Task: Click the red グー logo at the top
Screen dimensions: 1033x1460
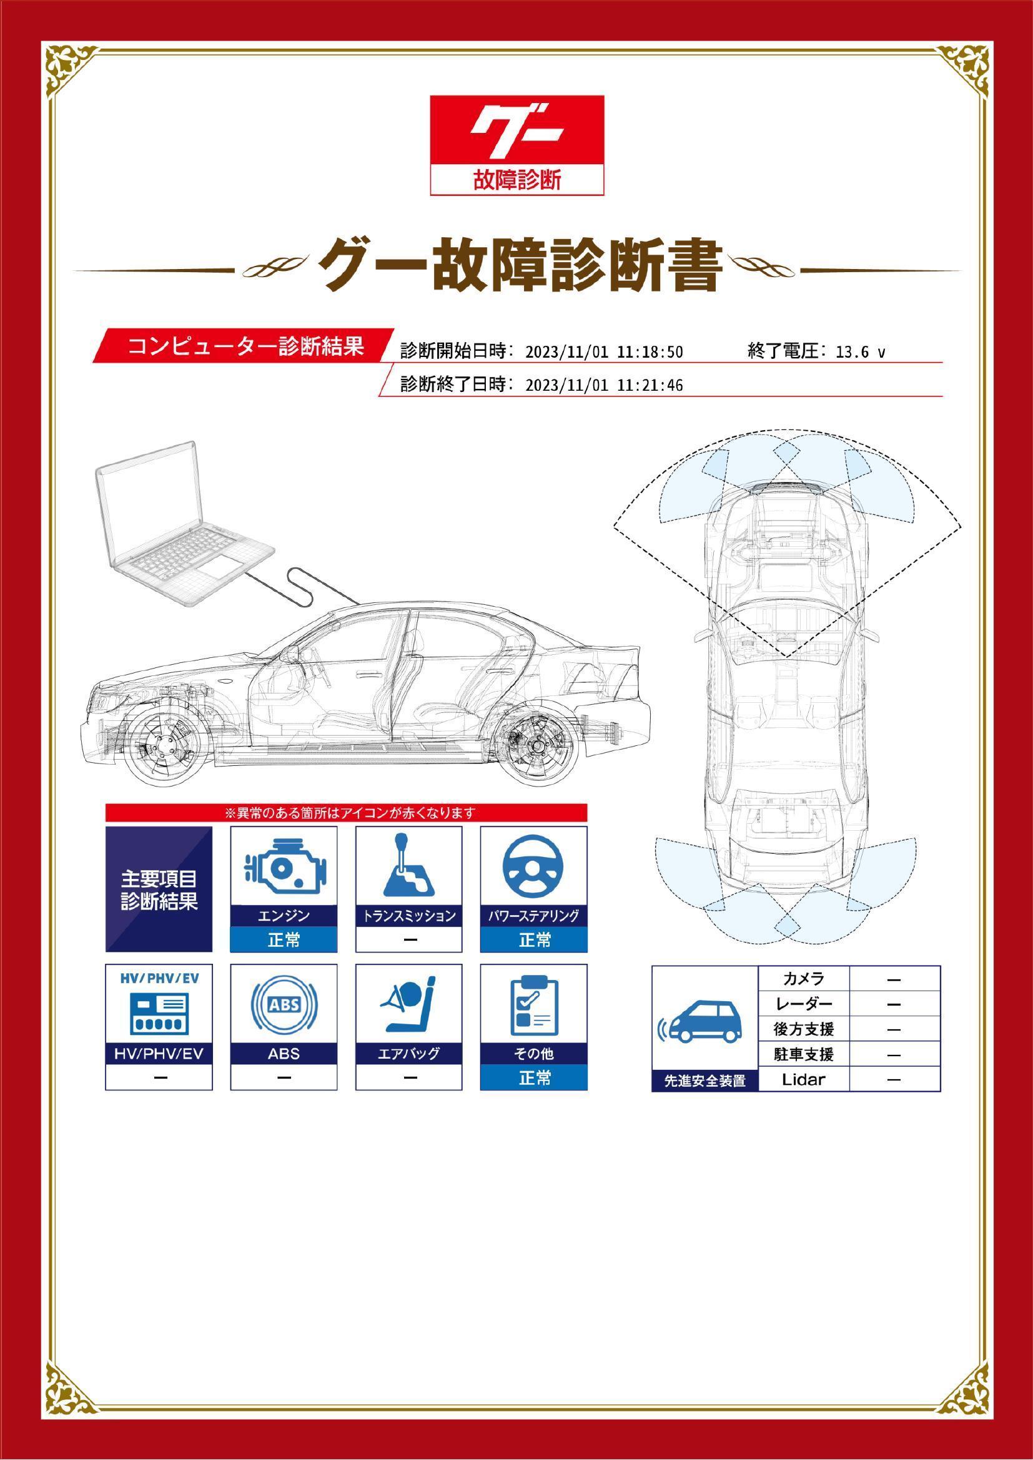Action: (x=516, y=145)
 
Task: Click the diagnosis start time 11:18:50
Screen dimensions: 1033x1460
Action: (x=650, y=352)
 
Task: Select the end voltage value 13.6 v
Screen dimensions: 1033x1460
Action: (x=860, y=352)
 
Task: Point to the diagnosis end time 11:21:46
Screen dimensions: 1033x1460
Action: (x=650, y=385)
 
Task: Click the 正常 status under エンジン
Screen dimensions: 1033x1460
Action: (x=284, y=939)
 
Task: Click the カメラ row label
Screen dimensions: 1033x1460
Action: (x=803, y=979)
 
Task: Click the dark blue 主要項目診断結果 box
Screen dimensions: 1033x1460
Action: (x=159, y=889)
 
